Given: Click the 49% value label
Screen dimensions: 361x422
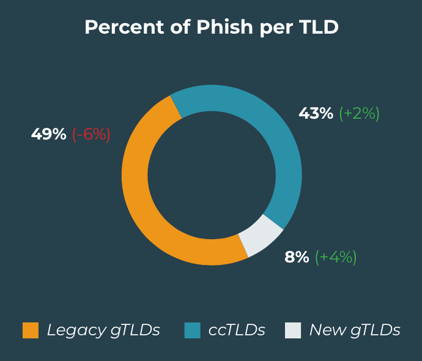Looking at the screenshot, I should pyautogui.click(x=48, y=135).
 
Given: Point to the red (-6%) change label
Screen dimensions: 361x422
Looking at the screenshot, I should pyautogui.click(x=91, y=135).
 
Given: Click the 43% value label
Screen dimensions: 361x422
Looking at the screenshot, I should pyautogui.click(x=316, y=113).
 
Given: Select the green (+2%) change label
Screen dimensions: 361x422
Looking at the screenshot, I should pyautogui.click(x=359, y=113).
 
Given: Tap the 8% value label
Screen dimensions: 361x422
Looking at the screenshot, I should pyautogui.click(x=297, y=257).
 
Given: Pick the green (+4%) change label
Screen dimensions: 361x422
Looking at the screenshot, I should pyautogui.click(x=336, y=257).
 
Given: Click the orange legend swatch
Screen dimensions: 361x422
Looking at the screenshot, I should pyautogui.click(x=31, y=330).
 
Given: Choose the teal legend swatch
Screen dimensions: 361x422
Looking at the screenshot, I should pyautogui.click(x=192, y=330).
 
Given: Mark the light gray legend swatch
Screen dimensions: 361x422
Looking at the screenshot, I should pyautogui.click(x=293, y=330).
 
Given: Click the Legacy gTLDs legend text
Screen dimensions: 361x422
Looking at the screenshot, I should pyautogui.click(x=103, y=330).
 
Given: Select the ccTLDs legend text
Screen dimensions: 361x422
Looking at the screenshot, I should pyautogui.click(x=237, y=330).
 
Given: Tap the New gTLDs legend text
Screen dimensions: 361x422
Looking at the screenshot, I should pyautogui.click(x=355, y=330).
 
